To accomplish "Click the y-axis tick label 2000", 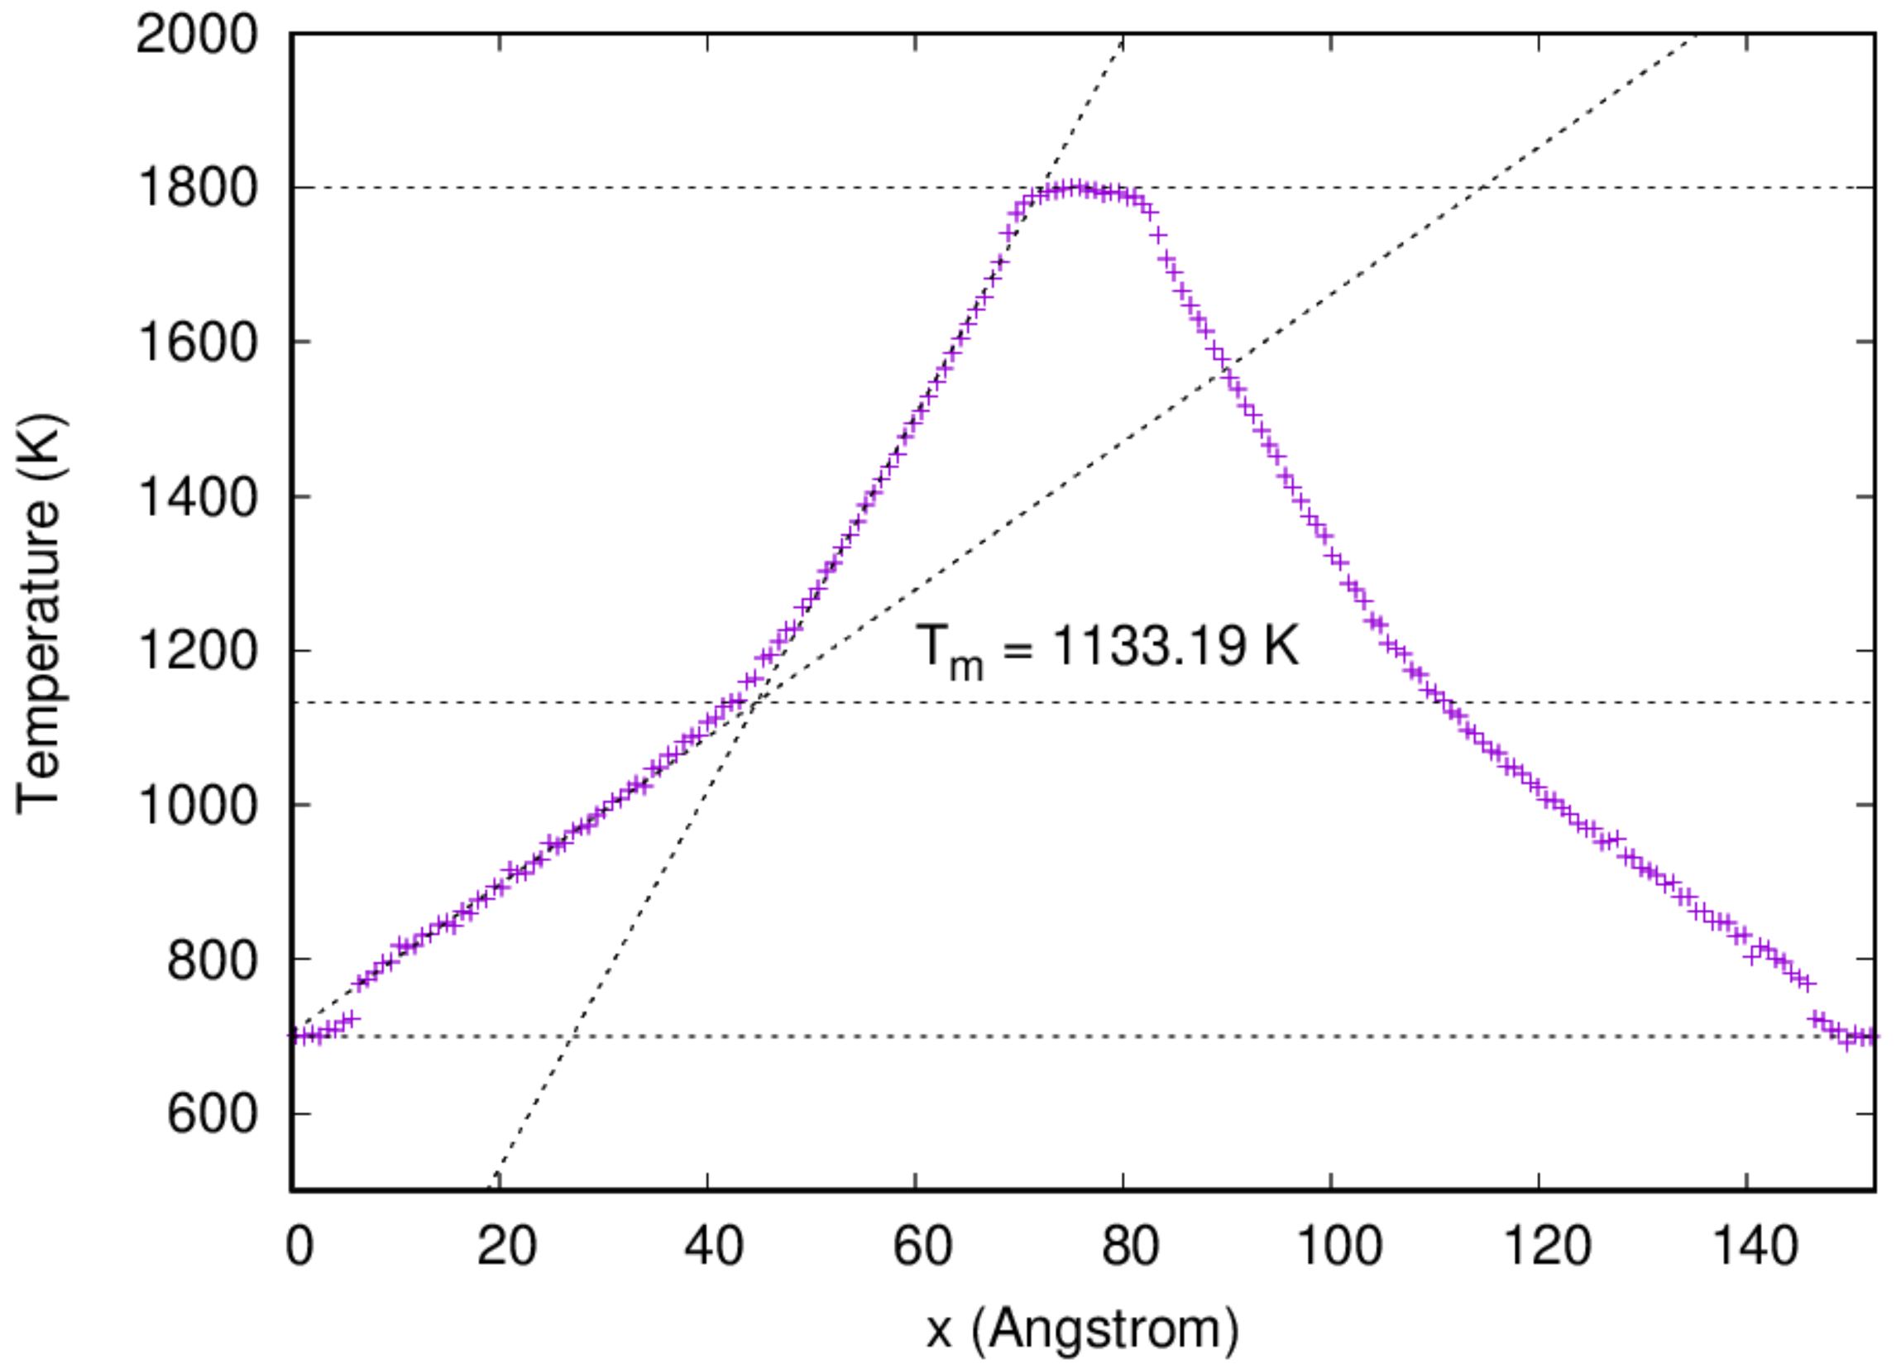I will point(196,36).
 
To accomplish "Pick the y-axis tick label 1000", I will point(196,805).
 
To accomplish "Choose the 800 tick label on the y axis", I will point(211,960).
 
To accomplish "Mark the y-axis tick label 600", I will point(211,1114).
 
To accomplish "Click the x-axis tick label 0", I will point(299,1246).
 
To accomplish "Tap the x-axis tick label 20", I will point(506,1246).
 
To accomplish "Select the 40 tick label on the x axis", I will point(714,1246).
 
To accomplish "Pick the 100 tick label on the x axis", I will point(1338,1246).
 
